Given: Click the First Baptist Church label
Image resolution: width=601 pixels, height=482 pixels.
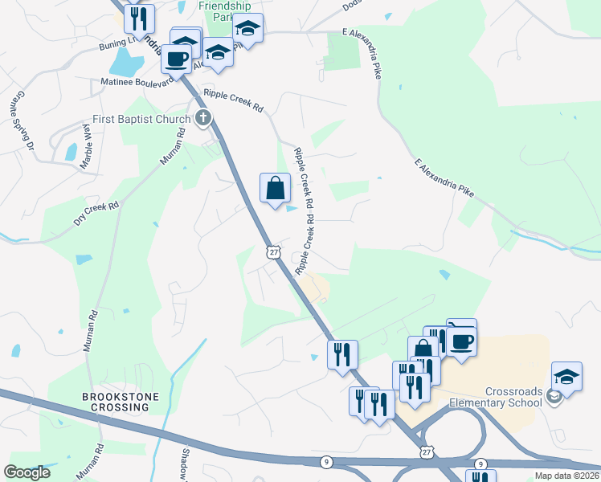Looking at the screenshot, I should click(x=141, y=119).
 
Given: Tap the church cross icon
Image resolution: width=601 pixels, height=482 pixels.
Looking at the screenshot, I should click(x=203, y=119).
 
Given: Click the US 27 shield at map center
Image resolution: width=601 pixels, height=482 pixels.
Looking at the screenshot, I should click(x=274, y=252).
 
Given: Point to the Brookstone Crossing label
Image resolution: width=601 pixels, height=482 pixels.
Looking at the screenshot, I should click(x=121, y=402).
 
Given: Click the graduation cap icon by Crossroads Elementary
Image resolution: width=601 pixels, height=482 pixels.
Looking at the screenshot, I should click(x=566, y=377).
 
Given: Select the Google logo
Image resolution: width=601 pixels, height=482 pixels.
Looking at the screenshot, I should click(x=27, y=472).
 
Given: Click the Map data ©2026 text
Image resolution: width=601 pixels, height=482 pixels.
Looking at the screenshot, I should click(x=566, y=476).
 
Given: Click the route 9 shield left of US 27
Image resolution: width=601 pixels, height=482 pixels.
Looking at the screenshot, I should click(x=325, y=461).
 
